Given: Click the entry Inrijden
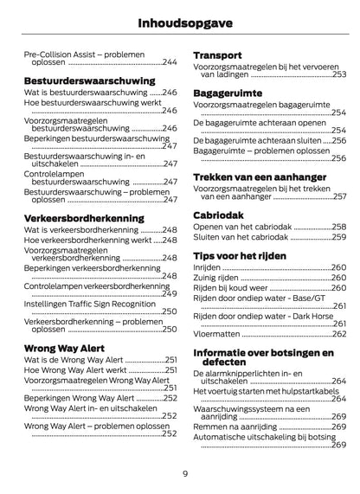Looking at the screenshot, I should (x=208, y=269).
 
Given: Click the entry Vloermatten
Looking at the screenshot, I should (x=216, y=332).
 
